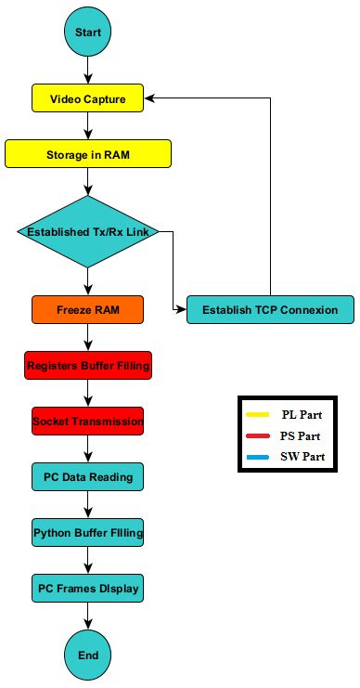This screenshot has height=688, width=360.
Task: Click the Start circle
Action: coord(88,32)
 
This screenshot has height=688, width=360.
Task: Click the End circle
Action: coord(88,655)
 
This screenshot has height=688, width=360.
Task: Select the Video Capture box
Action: coord(88,97)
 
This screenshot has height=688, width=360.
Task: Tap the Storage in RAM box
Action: coord(88,153)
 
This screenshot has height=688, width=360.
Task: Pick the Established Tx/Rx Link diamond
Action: coord(88,231)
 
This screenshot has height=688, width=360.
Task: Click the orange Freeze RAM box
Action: coord(88,308)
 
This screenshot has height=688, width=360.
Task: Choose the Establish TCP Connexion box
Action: coord(270,309)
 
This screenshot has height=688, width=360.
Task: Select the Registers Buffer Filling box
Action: coord(88,366)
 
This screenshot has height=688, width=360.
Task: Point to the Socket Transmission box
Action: coord(88,422)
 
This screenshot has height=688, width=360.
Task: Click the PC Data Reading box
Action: coord(88,477)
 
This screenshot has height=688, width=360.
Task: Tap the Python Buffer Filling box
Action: coord(88,533)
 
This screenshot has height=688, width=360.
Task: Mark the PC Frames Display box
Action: coord(88,589)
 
